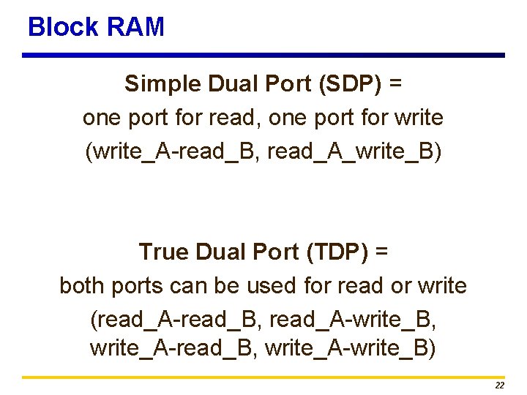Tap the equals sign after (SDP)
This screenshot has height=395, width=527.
tap(396, 83)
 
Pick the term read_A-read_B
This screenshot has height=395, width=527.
tap(175, 320)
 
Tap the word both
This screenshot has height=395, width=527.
tap(82, 285)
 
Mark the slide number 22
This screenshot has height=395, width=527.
tap(500, 385)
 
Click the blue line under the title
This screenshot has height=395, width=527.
tap(263, 55)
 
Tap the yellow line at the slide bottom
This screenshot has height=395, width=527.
tap(263, 377)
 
